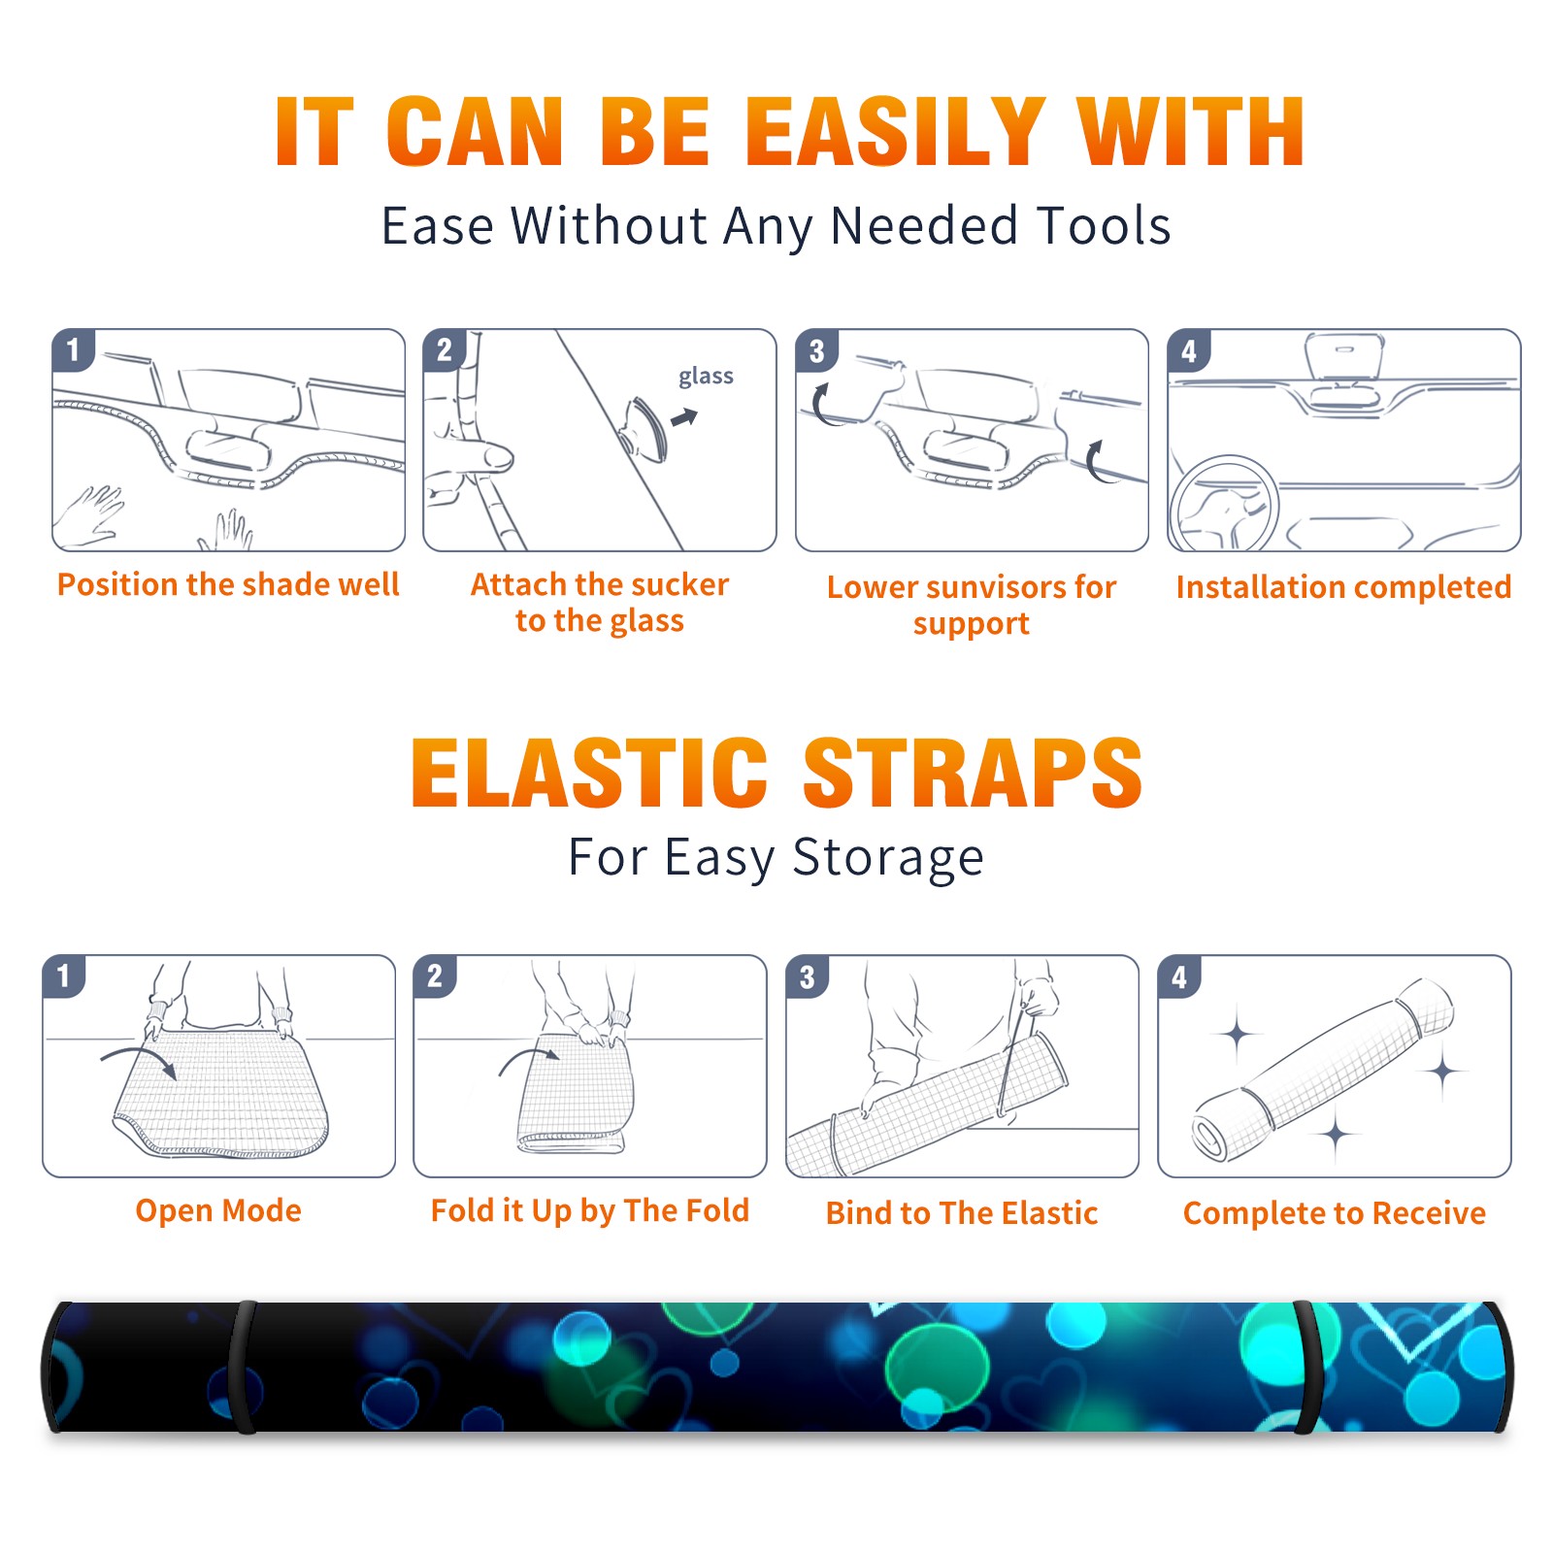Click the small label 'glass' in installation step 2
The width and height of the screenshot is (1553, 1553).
706,377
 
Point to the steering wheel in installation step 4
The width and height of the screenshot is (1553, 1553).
1224,505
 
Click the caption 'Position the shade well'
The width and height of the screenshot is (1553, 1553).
228,584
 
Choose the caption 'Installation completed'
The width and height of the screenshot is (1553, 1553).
1343,587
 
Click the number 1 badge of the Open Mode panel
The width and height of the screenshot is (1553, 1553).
64,976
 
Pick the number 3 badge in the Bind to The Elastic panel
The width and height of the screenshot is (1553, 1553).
807,976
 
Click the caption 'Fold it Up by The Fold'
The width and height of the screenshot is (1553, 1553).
589,1210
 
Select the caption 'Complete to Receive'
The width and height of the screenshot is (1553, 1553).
1335,1213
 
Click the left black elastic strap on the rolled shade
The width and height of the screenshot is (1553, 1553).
245,1367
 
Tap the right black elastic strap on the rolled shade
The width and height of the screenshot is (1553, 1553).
1308,1367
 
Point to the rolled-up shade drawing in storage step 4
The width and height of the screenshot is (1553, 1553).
1323,1070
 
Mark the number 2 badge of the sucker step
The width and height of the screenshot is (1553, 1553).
445,350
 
